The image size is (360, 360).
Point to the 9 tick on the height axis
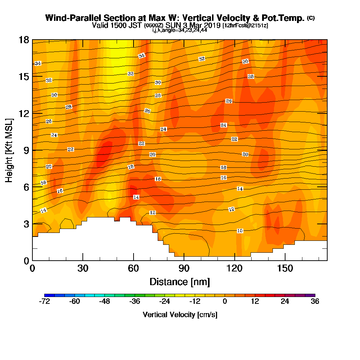[26, 150]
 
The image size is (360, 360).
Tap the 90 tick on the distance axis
[184, 268]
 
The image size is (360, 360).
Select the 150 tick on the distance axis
[285, 268]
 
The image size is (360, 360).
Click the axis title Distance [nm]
[180, 282]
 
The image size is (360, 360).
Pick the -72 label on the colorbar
[44, 302]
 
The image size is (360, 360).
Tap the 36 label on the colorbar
[315, 302]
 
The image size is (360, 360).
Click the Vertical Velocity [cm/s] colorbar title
[180, 315]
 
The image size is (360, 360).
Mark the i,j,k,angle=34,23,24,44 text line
[180, 30]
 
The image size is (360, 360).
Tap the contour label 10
[240, 230]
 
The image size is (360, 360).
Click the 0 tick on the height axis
[26, 260]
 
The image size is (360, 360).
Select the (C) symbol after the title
[311, 18]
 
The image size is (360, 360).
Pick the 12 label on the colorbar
[255, 302]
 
